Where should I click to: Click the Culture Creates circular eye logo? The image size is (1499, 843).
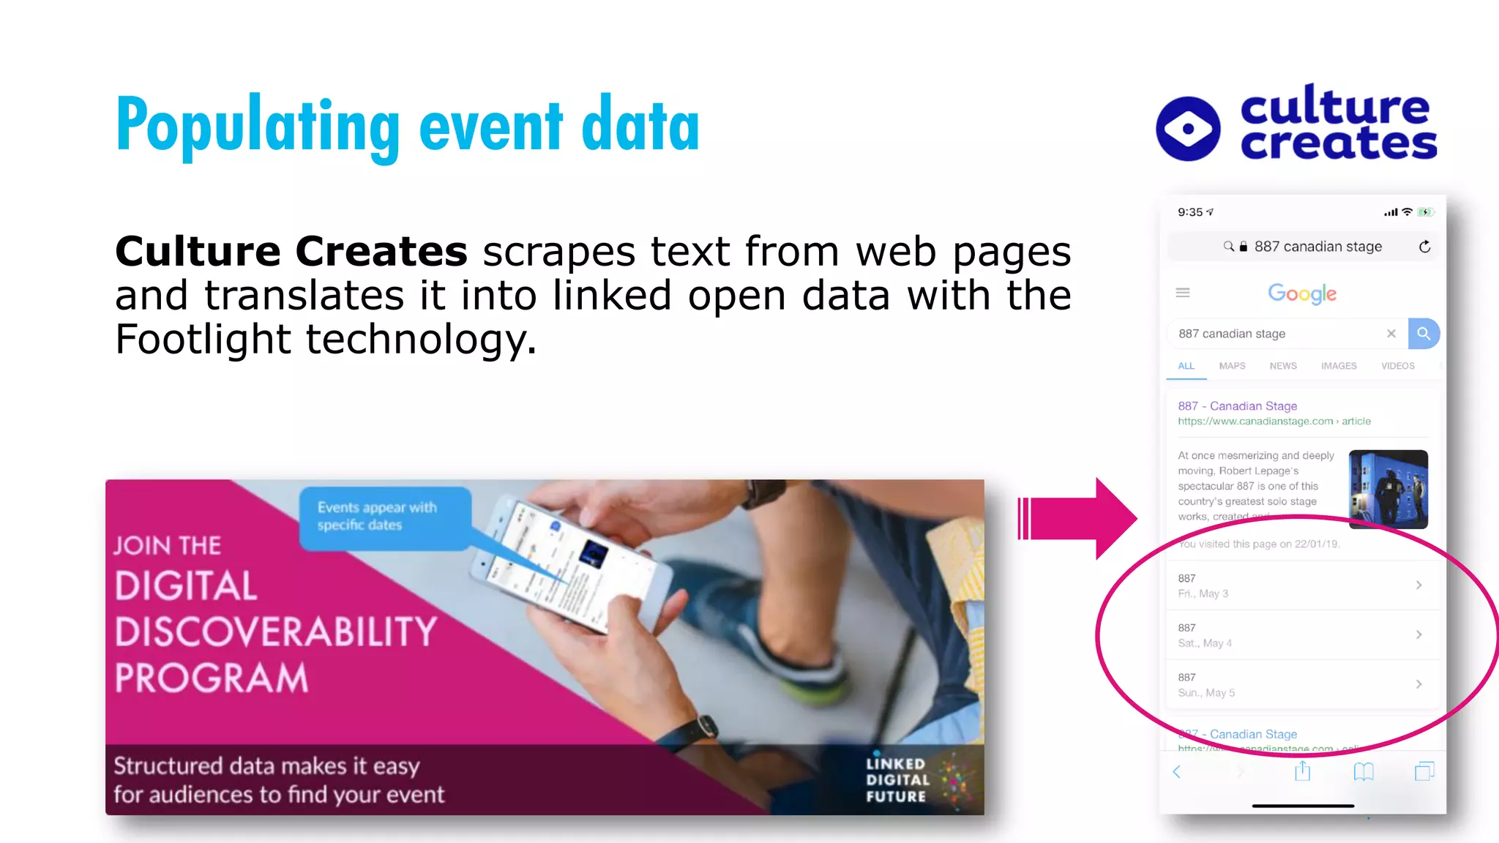coord(1188,129)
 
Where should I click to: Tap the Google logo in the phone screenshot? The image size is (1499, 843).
coord(1302,293)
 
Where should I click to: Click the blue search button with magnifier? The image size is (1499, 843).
coord(1424,334)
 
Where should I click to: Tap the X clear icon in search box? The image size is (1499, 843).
coord(1391,334)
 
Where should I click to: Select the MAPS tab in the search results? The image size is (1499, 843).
coord(1232,366)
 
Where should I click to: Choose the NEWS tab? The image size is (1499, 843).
coord(1283,366)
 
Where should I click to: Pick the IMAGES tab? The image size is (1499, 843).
coord(1339,366)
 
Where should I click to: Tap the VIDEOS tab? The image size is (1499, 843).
coord(1397,366)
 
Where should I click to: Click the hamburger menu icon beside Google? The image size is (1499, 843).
coord(1183,293)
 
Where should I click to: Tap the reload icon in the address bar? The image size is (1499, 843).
coord(1424,247)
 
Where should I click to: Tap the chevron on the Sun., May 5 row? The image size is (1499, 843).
coord(1418,684)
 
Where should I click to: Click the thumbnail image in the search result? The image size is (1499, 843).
coord(1388,489)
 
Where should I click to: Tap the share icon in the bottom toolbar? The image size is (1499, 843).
coord(1302,771)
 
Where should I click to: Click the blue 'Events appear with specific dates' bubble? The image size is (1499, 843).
coord(384,517)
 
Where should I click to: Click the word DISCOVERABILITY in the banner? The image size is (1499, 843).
coord(276,632)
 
